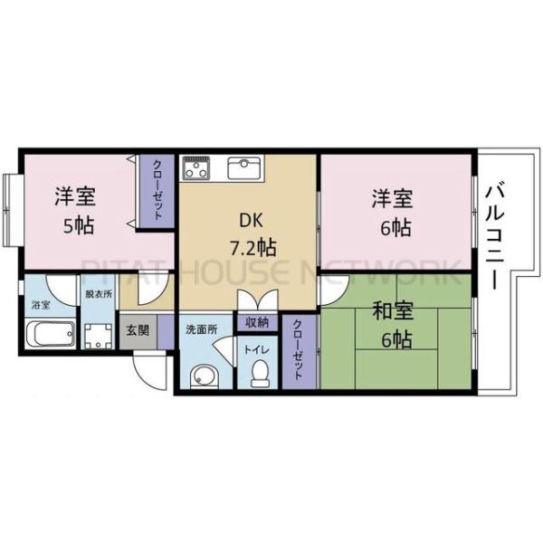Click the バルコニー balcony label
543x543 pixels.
pyautogui.click(x=495, y=234)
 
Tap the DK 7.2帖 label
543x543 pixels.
pyautogui.click(x=246, y=233)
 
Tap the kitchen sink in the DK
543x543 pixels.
pyautogui.click(x=243, y=168)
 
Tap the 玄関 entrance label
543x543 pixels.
pyautogui.click(x=138, y=329)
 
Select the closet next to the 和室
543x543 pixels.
pyautogui.click(x=299, y=351)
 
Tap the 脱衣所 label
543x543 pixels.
pyautogui.click(x=97, y=295)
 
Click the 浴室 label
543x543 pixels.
pyautogui.click(x=41, y=305)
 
